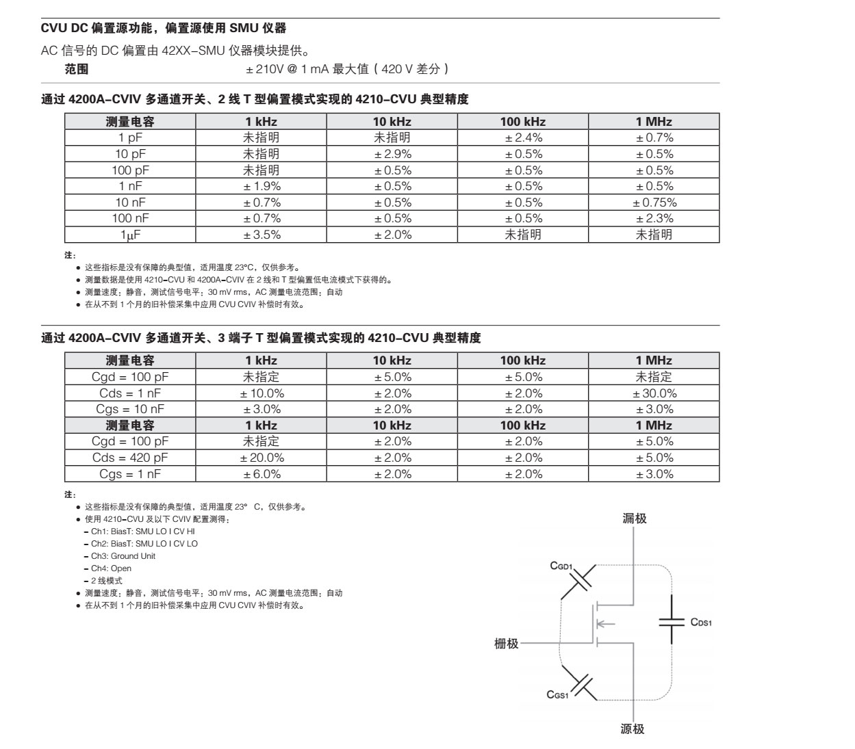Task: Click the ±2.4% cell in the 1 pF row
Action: [x=523, y=138]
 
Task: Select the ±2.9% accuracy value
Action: [x=392, y=155]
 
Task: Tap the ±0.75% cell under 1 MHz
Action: [x=654, y=202]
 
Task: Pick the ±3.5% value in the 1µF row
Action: [x=261, y=235]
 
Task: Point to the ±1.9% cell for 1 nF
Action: [x=261, y=187]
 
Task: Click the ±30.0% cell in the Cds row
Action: [x=654, y=393]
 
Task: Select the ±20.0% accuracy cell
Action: [x=261, y=458]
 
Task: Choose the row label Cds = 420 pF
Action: [x=130, y=458]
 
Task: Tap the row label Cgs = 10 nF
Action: [x=130, y=409]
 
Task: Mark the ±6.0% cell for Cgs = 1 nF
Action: [x=261, y=474]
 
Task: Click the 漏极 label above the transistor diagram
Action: [x=634, y=518]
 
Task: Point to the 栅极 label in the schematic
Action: [x=507, y=644]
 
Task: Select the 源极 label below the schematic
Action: [x=633, y=729]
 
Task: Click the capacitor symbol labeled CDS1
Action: [x=672, y=622]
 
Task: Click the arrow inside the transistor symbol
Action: [x=606, y=623]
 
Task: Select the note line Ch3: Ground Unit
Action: [x=123, y=556]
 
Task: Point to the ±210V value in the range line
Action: [x=261, y=69]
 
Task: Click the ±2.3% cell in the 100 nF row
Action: [x=654, y=219]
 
